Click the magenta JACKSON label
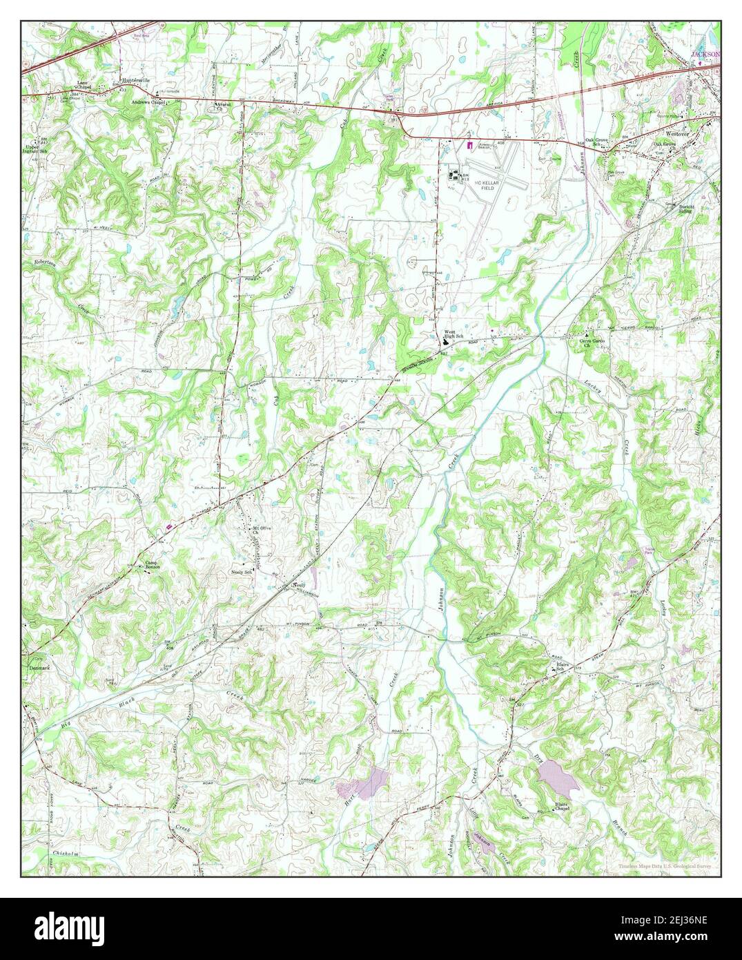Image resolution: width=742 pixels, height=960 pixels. click(705, 53)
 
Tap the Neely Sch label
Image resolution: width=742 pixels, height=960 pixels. click(241, 573)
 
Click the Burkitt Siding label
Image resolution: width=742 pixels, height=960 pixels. click(685, 210)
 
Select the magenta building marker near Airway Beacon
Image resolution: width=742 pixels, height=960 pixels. click(470, 145)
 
